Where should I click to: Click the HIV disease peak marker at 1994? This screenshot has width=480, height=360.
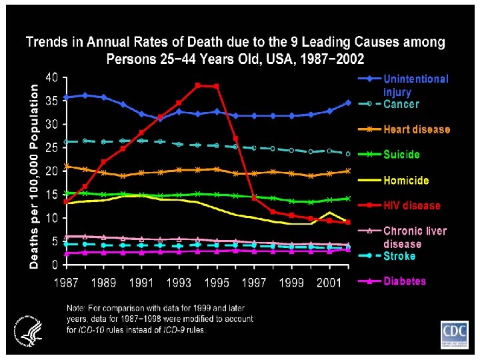click(198, 85)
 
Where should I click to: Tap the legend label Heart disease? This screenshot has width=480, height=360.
click(417, 129)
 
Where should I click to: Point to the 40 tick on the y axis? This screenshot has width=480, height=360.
click(51, 77)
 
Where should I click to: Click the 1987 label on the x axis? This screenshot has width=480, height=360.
click(66, 283)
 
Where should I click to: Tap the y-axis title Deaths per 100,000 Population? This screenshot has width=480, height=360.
click(35, 176)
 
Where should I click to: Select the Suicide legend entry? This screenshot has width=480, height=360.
click(401, 155)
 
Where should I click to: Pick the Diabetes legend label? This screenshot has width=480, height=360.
click(405, 281)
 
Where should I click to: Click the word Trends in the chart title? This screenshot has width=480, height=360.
click(47, 43)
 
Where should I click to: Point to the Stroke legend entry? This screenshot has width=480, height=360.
click(399, 256)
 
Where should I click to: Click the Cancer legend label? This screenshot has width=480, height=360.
click(401, 104)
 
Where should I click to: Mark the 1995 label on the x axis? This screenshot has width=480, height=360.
click(216, 283)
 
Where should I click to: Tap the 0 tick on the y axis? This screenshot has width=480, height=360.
click(55, 265)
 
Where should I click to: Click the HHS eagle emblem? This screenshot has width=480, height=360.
click(26, 327)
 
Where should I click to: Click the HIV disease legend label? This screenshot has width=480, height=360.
click(412, 205)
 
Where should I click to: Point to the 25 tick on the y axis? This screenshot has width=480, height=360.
click(51, 148)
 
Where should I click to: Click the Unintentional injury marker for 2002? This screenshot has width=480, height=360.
click(348, 103)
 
